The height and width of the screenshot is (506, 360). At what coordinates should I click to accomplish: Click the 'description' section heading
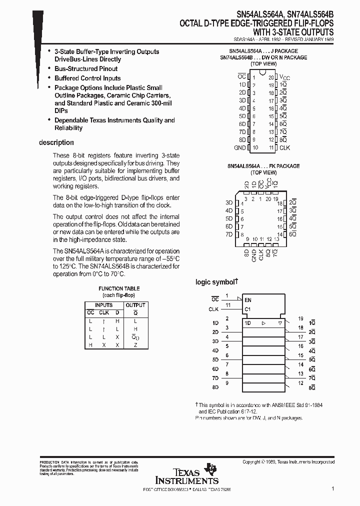coord(56,142)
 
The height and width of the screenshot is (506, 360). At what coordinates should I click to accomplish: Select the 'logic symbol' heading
coord(214,282)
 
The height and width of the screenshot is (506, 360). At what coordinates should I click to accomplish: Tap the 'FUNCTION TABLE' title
coord(119,288)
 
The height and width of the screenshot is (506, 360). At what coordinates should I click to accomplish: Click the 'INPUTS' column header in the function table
coord(104,305)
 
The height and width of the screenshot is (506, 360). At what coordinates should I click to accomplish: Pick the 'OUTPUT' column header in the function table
coord(135,305)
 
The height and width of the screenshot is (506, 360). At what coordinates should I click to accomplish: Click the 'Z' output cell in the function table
coord(135,345)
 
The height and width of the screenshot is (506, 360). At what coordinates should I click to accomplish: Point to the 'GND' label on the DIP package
coord(239,148)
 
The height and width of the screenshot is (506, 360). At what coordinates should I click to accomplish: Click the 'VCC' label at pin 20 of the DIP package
coord(284,77)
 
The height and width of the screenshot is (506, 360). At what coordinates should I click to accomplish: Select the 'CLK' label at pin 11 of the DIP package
coord(284,148)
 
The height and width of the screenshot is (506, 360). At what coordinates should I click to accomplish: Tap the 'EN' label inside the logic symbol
coord(247,300)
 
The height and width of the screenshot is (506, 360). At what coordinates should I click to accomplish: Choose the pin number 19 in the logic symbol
coord(300,318)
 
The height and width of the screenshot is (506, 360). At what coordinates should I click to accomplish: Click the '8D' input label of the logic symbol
coord(215,387)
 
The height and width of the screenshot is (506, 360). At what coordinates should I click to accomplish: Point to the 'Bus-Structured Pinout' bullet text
coord(86,68)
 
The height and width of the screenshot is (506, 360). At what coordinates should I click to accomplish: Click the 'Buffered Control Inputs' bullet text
coord(87,78)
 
